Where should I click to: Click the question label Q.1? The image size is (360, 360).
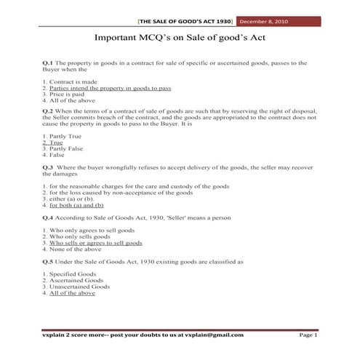[48, 64]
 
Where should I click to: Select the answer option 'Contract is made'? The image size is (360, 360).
[72, 82]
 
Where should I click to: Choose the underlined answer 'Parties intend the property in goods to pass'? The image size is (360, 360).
[110, 88]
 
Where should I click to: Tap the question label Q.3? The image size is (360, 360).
[48, 167]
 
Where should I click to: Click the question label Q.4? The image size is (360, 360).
[48, 217]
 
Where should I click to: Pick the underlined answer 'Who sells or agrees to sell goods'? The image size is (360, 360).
[95, 243]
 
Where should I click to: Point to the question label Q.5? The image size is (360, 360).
[48, 260]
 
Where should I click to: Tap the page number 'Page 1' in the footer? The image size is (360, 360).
[308, 335]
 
